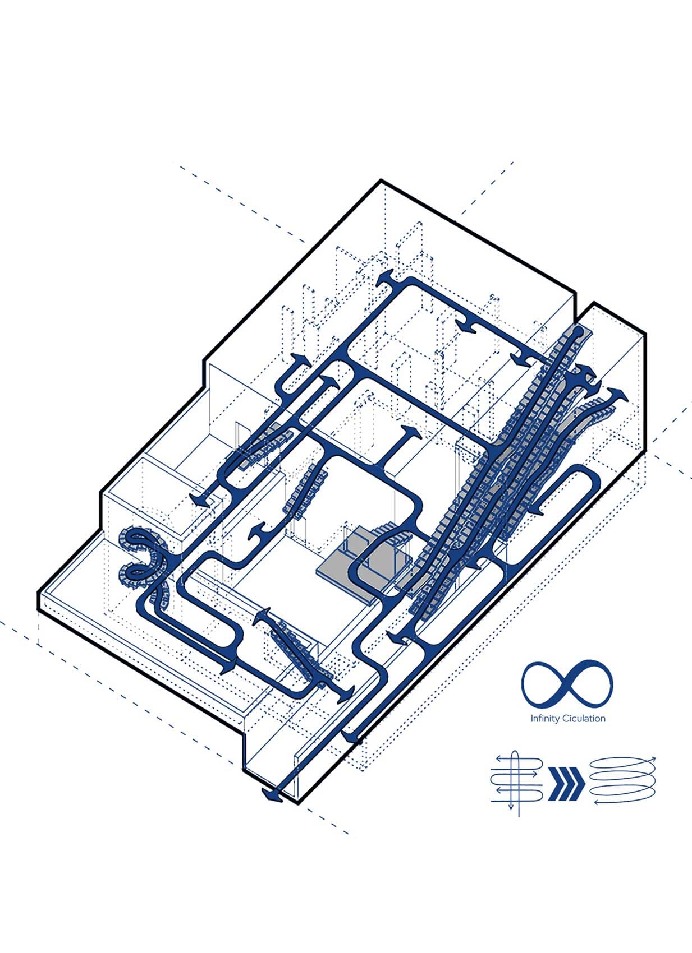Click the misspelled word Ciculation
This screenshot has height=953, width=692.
pyautogui.click(x=584, y=719)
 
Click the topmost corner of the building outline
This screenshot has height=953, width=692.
pyautogui.click(x=381, y=181)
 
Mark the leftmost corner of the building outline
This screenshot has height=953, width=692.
pyautogui.click(x=39, y=593)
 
